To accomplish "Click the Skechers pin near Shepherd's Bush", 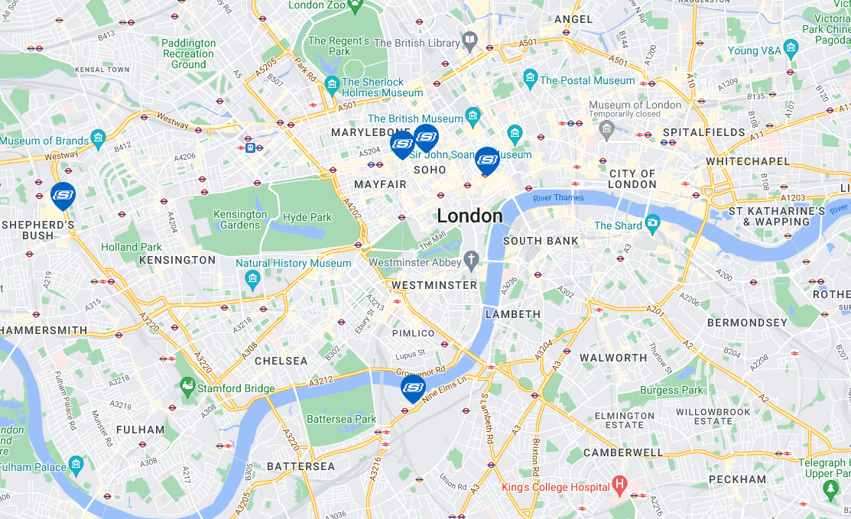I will click(x=63, y=196).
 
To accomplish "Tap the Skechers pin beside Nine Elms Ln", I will click(x=413, y=388).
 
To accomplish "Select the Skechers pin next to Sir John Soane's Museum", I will click(x=487, y=160).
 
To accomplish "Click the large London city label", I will click(x=469, y=216).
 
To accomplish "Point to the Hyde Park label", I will click(x=307, y=217).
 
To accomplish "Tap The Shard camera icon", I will click(x=652, y=223).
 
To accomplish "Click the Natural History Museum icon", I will click(x=252, y=281).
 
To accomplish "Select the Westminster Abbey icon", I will click(x=472, y=260).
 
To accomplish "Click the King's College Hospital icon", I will click(x=619, y=485).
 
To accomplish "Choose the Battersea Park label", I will click(x=341, y=419).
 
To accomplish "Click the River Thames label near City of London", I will click(x=558, y=198).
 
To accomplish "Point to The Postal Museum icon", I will click(x=530, y=79).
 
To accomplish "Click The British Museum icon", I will click(x=473, y=117).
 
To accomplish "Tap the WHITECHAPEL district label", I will click(x=748, y=161).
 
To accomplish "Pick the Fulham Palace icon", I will click(x=76, y=464).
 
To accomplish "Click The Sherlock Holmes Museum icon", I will click(x=332, y=84).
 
